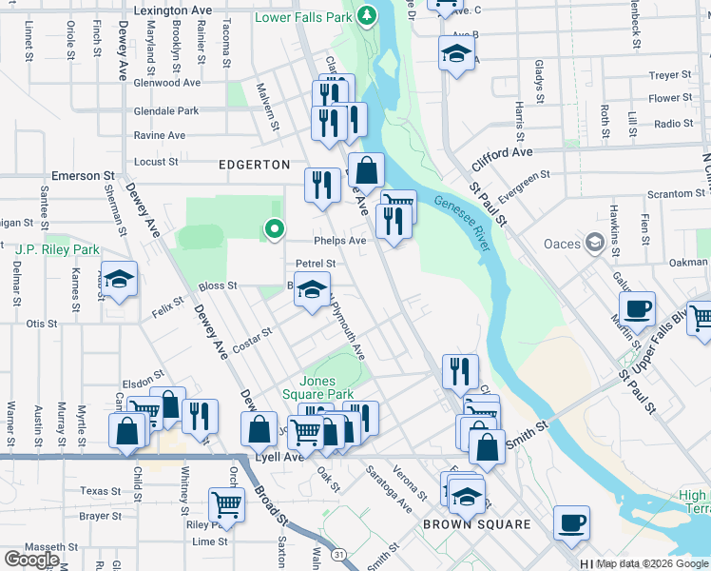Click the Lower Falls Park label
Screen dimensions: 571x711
point(303,17)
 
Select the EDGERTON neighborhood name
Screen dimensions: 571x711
point(256,165)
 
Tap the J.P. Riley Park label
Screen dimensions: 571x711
point(58,249)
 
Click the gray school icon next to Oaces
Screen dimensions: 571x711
point(596,243)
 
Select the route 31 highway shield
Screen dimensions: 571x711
point(338,553)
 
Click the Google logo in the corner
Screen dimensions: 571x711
point(31,560)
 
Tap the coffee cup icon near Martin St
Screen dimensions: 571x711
point(637,308)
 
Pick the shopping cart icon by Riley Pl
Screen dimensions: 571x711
point(226,503)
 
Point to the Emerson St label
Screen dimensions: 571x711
point(83,176)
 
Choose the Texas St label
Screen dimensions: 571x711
point(102,491)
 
